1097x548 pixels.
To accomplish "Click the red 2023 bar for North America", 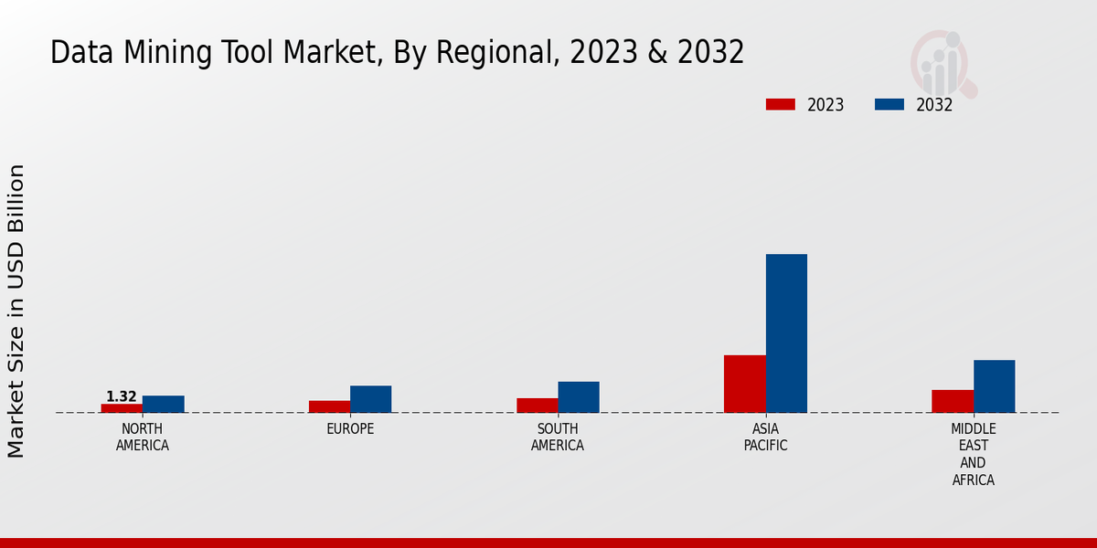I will pyautogui.click(x=122, y=408).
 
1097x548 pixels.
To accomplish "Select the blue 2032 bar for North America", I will pyautogui.click(x=163, y=404).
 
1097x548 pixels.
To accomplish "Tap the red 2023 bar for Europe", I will pyautogui.click(x=329, y=406).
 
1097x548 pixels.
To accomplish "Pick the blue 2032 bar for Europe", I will pyautogui.click(x=370, y=399).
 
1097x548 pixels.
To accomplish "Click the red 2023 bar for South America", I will pyautogui.click(x=537, y=406).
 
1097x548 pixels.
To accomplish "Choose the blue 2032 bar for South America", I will pyautogui.click(x=578, y=397).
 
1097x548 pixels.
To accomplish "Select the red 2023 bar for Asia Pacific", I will pyautogui.click(x=744, y=384).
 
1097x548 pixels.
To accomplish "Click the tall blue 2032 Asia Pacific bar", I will pyautogui.click(x=786, y=333).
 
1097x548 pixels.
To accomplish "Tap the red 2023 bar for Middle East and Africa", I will pyautogui.click(x=953, y=401).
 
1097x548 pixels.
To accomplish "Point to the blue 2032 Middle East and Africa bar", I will pyautogui.click(x=994, y=386).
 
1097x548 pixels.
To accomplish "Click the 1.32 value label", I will pyautogui.click(x=122, y=396).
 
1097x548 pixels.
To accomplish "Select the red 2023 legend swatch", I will pyautogui.click(x=781, y=104).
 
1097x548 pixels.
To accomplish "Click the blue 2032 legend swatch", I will pyautogui.click(x=889, y=104).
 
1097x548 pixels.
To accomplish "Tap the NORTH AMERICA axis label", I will pyautogui.click(x=143, y=437).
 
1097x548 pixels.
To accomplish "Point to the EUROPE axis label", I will pyautogui.click(x=350, y=429).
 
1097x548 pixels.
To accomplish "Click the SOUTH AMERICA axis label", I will pyautogui.click(x=558, y=437).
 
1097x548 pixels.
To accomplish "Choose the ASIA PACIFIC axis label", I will pyautogui.click(x=765, y=437).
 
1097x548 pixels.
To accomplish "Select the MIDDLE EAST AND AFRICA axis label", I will pyautogui.click(x=974, y=454).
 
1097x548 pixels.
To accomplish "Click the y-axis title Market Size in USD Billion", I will pyautogui.click(x=16, y=311).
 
